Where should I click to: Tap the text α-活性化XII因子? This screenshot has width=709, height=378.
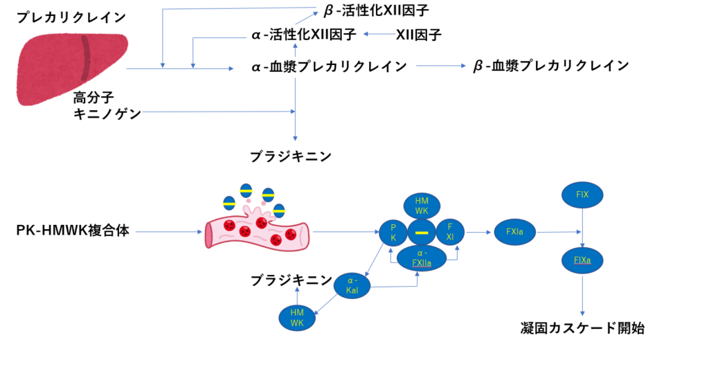(x=304, y=34)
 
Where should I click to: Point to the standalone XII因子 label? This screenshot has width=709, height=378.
(x=419, y=34)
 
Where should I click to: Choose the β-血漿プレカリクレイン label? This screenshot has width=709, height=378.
(x=551, y=66)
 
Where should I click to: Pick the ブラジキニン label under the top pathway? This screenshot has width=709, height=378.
(x=291, y=156)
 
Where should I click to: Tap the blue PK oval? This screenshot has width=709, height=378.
(x=393, y=232)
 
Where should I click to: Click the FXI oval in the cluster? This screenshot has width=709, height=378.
(x=449, y=232)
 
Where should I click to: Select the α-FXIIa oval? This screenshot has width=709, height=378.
(x=421, y=258)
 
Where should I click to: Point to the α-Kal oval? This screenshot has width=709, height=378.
(x=352, y=285)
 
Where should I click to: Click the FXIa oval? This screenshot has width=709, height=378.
(x=514, y=232)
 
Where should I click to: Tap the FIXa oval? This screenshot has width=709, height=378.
(x=582, y=260)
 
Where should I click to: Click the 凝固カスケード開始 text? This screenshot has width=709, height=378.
(x=582, y=328)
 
